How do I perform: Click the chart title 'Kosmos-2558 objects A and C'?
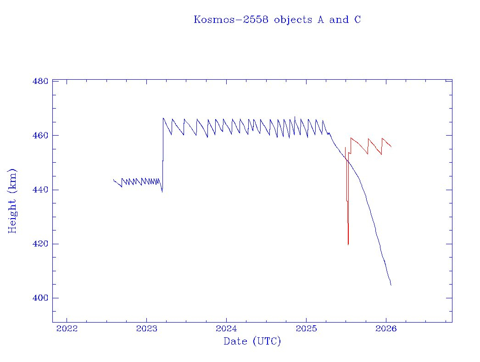click(x=277, y=20)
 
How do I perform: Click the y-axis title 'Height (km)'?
click(x=12, y=201)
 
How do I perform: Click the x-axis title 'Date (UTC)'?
click(x=252, y=341)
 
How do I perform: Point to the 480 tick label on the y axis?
click(x=40, y=82)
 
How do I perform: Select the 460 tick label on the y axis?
click(x=40, y=136)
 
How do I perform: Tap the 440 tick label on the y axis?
click(x=40, y=190)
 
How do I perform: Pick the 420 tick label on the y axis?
click(x=40, y=244)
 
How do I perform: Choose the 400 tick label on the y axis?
click(x=40, y=298)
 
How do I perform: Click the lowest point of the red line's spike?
click(x=348, y=245)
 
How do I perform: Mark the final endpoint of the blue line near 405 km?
click(x=391, y=285)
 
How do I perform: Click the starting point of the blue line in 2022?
click(x=113, y=180)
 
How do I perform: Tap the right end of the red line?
click(x=391, y=147)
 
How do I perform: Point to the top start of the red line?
click(x=345, y=147)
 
